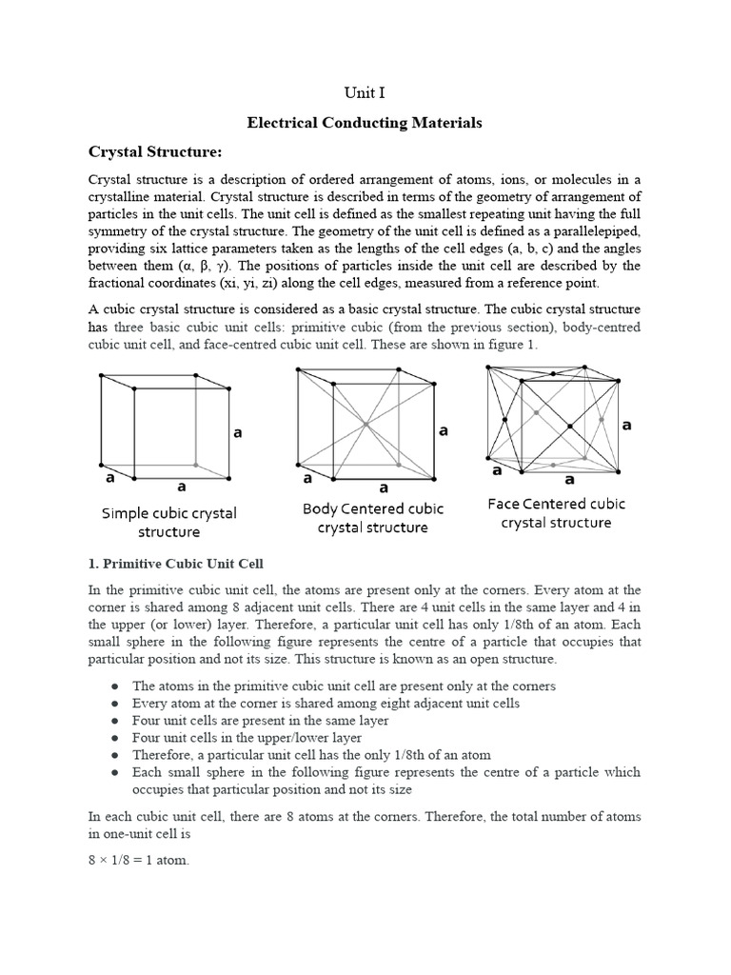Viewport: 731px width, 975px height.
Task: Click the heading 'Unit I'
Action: [365, 92]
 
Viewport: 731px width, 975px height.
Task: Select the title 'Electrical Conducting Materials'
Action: [365, 123]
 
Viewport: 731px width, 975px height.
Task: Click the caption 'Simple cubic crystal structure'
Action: [168, 522]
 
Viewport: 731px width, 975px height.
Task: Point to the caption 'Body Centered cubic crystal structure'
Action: [372, 518]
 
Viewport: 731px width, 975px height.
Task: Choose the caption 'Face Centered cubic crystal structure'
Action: [556, 512]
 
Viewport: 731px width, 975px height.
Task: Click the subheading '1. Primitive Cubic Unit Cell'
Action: [176, 565]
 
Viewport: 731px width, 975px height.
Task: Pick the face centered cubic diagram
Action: [553, 420]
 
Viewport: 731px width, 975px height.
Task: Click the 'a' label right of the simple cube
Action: [238, 433]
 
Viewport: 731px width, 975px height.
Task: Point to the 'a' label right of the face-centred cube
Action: [626, 426]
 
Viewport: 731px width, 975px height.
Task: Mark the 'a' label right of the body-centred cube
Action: [443, 430]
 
